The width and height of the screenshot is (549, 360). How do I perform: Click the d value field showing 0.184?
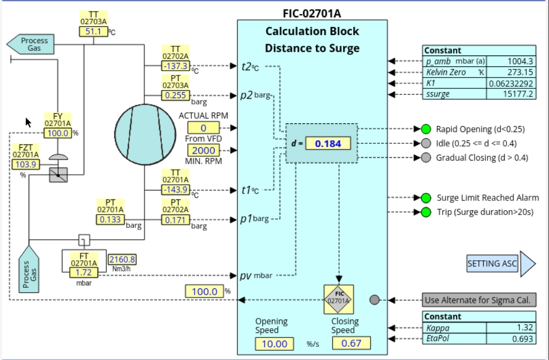pyautogui.click(x=328, y=143)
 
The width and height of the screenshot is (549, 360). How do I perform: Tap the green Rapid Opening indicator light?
pyautogui.click(x=426, y=129)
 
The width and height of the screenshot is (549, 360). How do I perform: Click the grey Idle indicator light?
pyautogui.click(x=426, y=143)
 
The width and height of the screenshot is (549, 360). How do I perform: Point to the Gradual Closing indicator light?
pyautogui.click(x=426, y=158)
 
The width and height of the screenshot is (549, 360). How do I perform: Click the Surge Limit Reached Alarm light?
pyautogui.click(x=426, y=198)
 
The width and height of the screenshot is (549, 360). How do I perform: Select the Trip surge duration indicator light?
pyautogui.click(x=426, y=212)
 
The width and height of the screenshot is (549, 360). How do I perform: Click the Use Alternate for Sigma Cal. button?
pyautogui.click(x=479, y=300)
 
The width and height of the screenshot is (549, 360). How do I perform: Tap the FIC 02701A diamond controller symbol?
pyautogui.click(x=339, y=300)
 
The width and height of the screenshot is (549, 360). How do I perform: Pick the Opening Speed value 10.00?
pyautogui.click(x=274, y=343)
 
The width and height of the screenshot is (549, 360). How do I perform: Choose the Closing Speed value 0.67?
pyautogui.click(x=351, y=343)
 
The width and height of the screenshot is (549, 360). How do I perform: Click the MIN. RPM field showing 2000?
pyautogui.click(x=203, y=150)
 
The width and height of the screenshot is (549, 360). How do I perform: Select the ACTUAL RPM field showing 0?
pyautogui.click(x=203, y=128)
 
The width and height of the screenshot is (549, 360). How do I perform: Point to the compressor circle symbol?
pyautogui.click(x=145, y=133)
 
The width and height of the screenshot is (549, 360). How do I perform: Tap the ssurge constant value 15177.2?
pyautogui.click(x=511, y=94)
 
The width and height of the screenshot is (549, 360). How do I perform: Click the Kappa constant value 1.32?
pyautogui.click(x=511, y=328)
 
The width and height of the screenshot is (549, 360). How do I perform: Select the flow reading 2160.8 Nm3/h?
pyautogui.click(x=122, y=259)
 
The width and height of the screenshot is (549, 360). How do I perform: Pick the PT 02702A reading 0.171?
pyautogui.click(x=176, y=219)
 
